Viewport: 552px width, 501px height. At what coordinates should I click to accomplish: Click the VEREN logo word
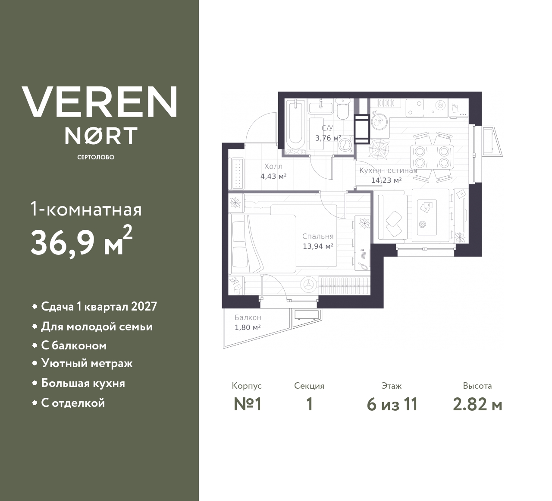click(99, 102)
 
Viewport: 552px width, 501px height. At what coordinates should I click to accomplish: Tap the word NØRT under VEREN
click(101, 135)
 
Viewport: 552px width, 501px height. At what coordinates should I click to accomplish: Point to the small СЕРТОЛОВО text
click(96, 157)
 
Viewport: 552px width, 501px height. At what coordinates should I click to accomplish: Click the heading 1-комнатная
click(86, 210)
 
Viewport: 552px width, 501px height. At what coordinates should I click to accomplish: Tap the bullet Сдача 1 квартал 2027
click(99, 307)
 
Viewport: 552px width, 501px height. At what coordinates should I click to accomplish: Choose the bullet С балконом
click(74, 346)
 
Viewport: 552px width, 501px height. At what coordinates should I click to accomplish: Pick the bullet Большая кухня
click(83, 383)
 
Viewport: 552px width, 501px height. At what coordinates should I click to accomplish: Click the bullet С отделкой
click(73, 403)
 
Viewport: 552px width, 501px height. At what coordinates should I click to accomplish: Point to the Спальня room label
click(318, 236)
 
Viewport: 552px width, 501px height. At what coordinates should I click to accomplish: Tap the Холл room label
click(273, 166)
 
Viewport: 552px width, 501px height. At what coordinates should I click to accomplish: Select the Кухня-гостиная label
click(388, 170)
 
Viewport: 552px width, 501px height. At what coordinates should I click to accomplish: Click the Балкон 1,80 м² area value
click(247, 327)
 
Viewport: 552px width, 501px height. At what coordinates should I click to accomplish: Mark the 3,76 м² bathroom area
click(328, 138)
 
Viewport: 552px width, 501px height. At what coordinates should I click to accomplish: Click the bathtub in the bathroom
click(296, 123)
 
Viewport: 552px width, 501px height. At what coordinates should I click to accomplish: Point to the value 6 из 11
click(392, 405)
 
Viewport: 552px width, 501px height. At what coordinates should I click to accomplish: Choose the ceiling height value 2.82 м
click(477, 405)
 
